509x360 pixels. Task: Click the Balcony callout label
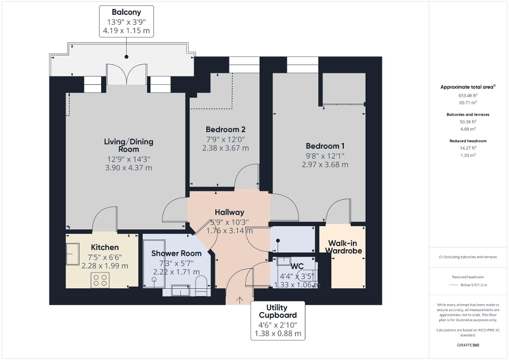coord(126,12)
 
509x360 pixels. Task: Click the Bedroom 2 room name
coord(225,129)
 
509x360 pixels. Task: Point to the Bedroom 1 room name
coord(325,145)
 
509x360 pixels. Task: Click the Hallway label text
coord(229,212)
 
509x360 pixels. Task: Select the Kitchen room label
coord(104,247)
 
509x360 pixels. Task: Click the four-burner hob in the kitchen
coord(100,280)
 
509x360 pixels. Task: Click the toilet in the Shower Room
coord(200,285)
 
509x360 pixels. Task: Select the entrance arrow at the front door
coord(240,300)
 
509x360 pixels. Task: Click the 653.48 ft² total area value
coord(467,95)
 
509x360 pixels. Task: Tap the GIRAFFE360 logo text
coord(467,345)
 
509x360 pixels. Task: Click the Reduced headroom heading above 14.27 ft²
coord(467,141)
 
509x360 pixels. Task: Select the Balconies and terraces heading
coord(467,114)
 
